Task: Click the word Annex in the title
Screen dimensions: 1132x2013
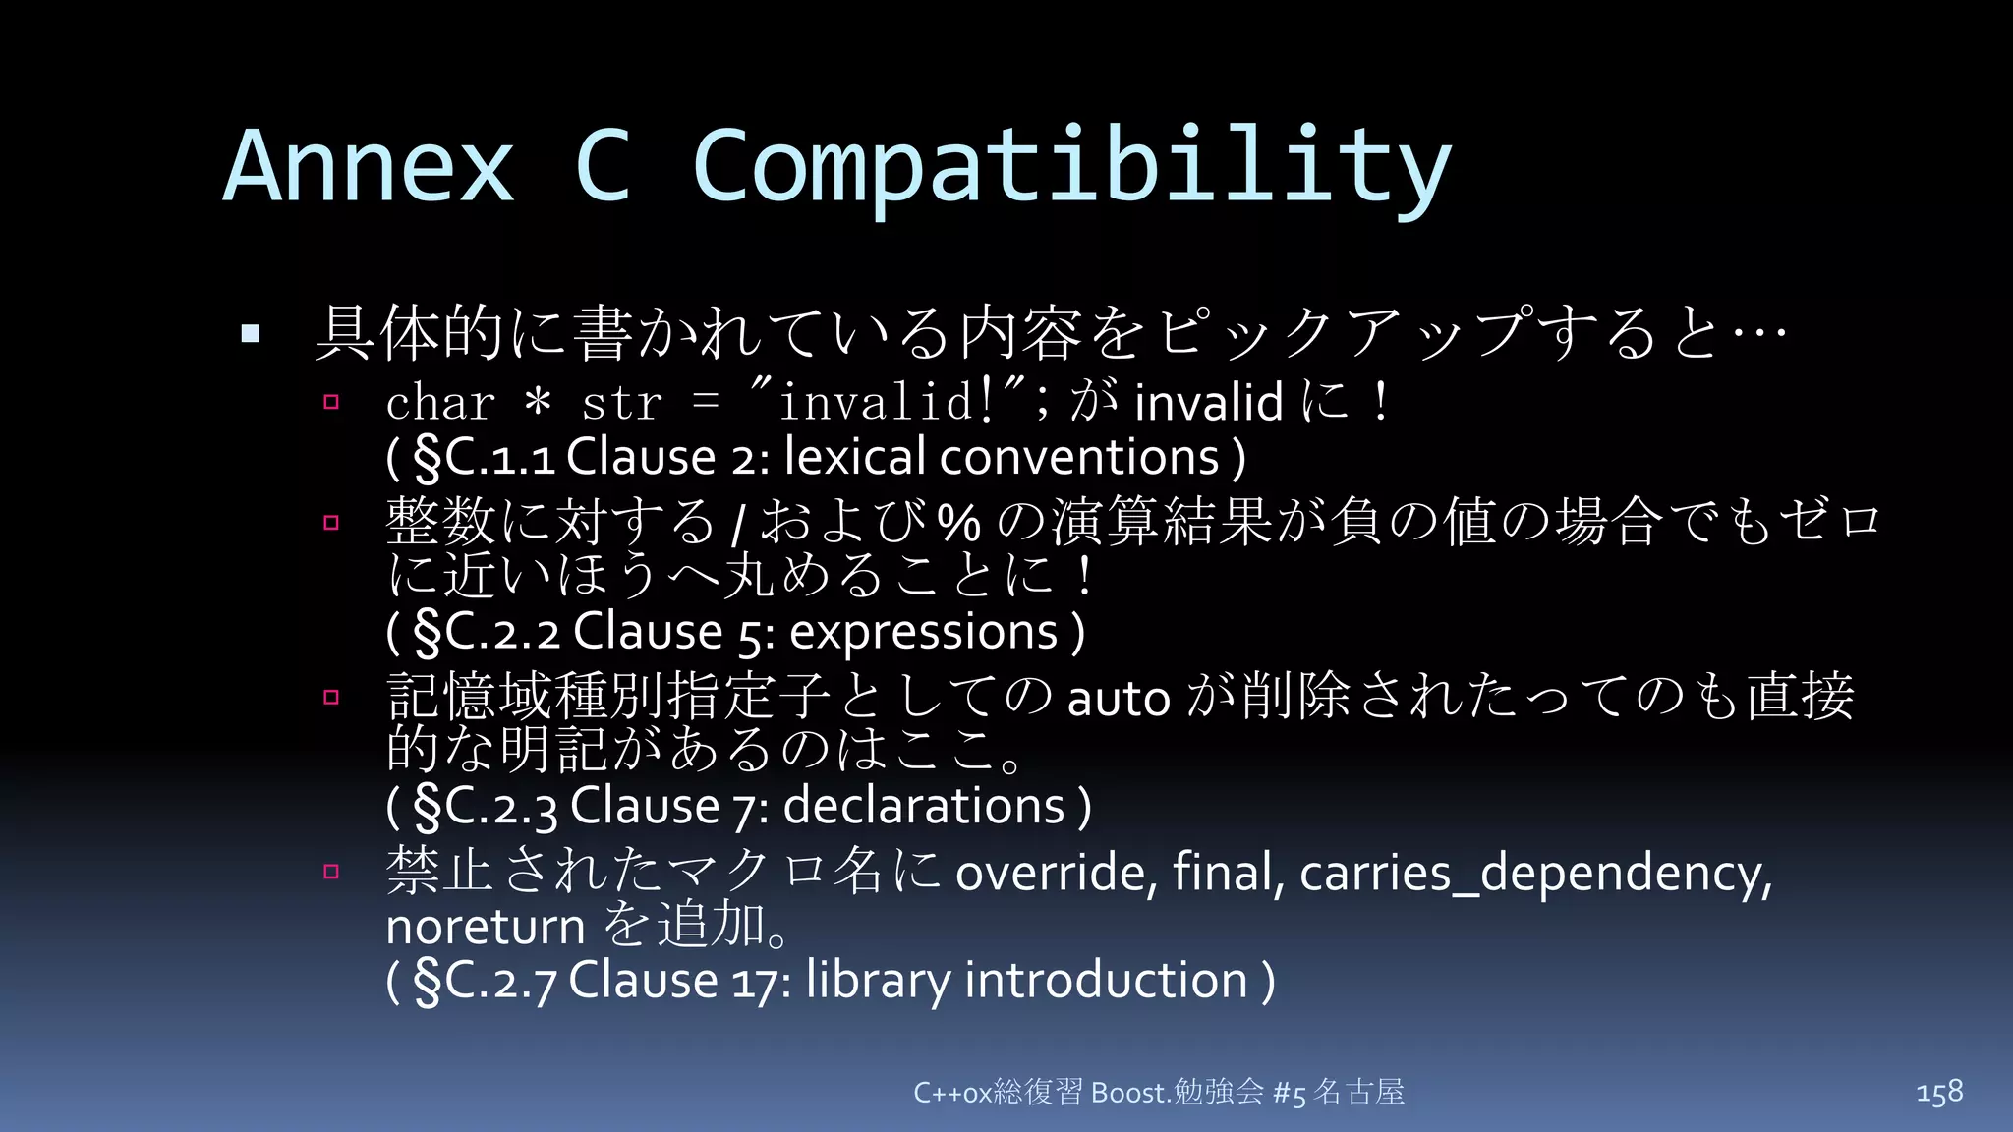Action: pyautogui.click(x=370, y=167)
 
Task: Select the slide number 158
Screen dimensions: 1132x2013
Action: pyautogui.click(x=1939, y=1092)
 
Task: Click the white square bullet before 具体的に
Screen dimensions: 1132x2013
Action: pyautogui.click(x=251, y=334)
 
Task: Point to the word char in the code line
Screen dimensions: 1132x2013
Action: pyautogui.click(x=440, y=404)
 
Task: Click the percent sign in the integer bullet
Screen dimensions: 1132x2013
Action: pyautogui.click(x=958, y=522)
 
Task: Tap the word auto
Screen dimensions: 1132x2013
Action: pyautogui.click(x=1119, y=699)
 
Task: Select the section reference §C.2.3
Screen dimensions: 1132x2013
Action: pyautogui.click(x=486, y=807)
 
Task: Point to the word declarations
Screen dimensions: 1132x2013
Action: pyautogui.click(x=924, y=806)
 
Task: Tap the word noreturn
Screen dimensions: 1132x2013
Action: pyautogui.click(x=486, y=927)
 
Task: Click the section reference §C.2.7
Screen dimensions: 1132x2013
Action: pyautogui.click(x=486, y=981)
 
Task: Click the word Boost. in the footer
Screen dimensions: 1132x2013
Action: pyautogui.click(x=1130, y=1093)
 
